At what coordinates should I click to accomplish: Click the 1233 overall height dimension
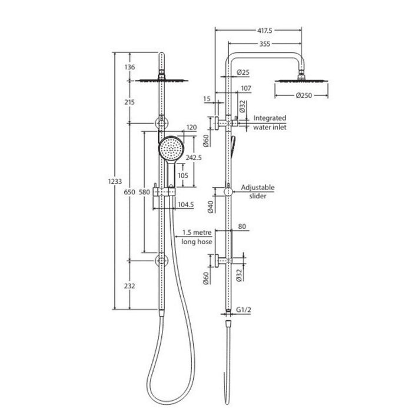pyautogui.click(x=115, y=181)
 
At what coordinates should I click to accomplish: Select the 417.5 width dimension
pyautogui.click(x=265, y=31)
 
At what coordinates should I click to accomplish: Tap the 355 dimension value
pyautogui.click(x=265, y=44)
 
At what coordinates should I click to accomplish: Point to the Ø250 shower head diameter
pyautogui.click(x=304, y=95)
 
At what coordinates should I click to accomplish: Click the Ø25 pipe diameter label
pyautogui.click(x=243, y=72)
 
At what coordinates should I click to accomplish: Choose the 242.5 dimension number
pyautogui.click(x=194, y=158)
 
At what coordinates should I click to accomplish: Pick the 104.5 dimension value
pyautogui.click(x=186, y=204)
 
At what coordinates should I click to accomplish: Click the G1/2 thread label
pyautogui.click(x=243, y=310)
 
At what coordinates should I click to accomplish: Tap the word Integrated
pyautogui.click(x=270, y=118)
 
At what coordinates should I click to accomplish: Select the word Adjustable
pyautogui.click(x=258, y=188)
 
